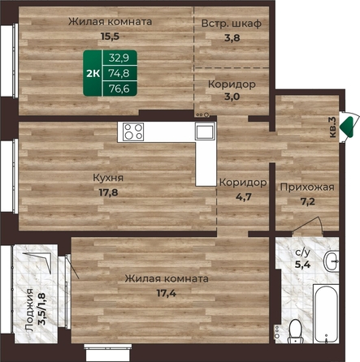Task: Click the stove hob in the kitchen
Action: (133, 131)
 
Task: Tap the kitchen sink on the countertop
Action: (205, 131)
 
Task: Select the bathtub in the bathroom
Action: (326, 313)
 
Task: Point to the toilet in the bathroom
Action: (295, 331)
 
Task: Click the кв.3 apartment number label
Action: (333, 127)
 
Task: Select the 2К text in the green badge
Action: (93, 73)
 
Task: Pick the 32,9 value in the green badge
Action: (119, 58)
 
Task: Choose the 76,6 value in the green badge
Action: (119, 88)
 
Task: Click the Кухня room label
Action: (108, 178)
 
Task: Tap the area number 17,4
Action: (167, 293)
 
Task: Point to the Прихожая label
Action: (307, 187)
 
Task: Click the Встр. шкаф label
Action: (232, 24)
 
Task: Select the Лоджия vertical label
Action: (29, 310)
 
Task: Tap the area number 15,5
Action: (110, 36)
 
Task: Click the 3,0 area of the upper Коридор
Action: (232, 97)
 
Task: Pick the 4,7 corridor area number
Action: (244, 196)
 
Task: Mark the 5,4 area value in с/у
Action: (302, 265)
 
